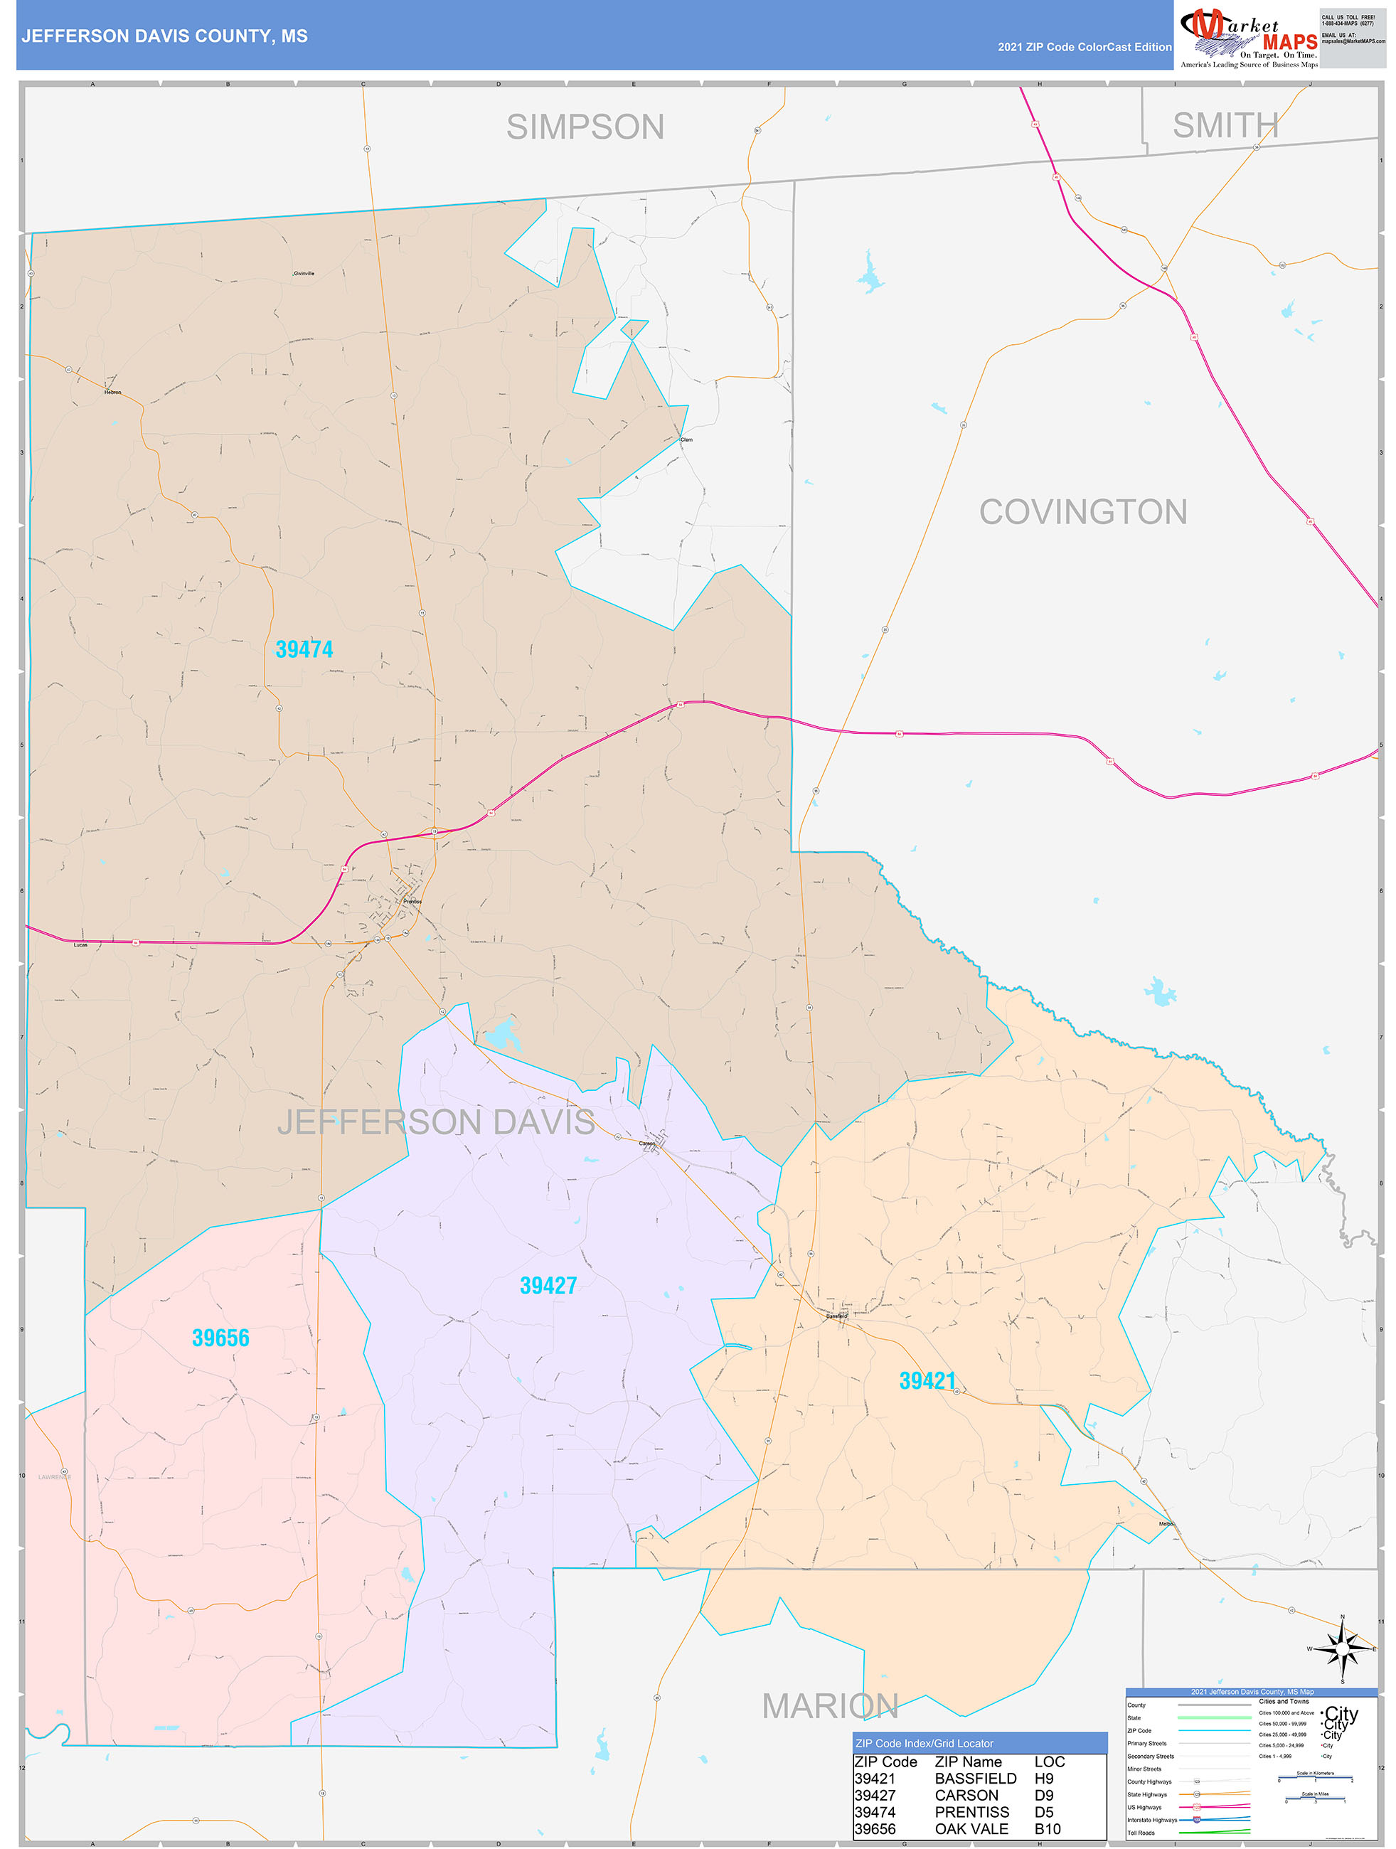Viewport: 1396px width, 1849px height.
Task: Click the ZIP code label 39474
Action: tap(304, 649)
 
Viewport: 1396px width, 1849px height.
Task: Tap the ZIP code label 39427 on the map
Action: tap(548, 1286)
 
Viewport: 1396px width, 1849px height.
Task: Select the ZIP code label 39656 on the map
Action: tap(220, 1338)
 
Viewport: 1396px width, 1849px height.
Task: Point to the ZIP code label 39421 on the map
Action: tap(927, 1381)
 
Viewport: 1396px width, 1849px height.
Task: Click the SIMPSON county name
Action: tap(585, 127)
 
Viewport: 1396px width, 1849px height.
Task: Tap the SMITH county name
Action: tap(1225, 125)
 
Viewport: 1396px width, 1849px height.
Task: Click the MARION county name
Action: tap(829, 1706)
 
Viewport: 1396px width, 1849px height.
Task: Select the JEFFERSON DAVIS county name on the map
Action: tap(437, 1121)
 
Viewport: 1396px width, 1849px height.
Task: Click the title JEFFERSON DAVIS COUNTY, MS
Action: tap(165, 36)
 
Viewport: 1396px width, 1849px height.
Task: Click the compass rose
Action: tap(1342, 1649)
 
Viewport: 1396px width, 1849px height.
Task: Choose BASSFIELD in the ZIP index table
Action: tap(976, 1779)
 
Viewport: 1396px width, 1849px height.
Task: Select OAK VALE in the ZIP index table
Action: tap(971, 1829)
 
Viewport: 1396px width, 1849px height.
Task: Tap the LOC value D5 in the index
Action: tap(1044, 1812)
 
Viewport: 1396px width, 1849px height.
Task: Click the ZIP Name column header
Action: tap(968, 1762)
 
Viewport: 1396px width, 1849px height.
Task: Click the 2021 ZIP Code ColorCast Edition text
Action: tap(1085, 47)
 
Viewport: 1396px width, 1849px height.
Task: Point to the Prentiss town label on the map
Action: tap(412, 902)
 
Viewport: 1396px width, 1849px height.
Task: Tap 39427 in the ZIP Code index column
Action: tap(875, 1796)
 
